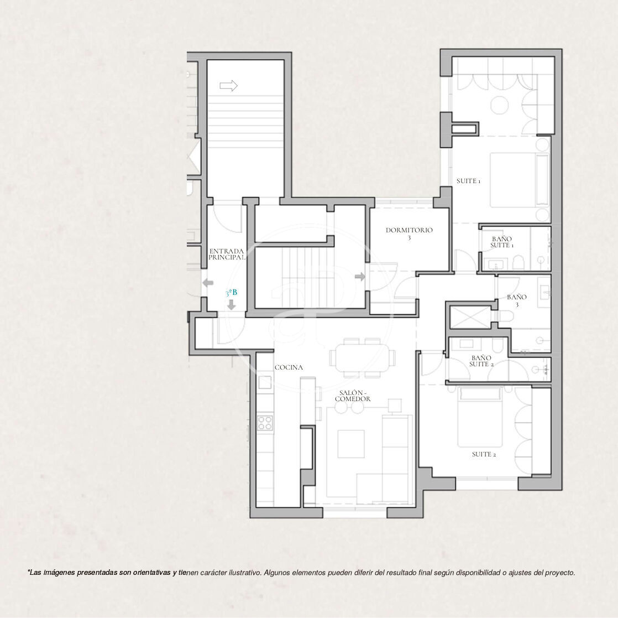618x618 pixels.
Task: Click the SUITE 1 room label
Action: click(x=468, y=181)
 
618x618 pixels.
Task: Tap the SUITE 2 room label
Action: click(x=484, y=454)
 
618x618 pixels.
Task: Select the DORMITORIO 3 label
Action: click(x=409, y=233)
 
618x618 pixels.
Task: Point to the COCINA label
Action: click(x=289, y=367)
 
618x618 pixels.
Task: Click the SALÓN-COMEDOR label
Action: click(x=353, y=396)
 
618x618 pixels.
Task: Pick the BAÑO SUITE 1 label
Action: click(x=502, y=242)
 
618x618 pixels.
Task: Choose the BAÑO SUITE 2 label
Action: click(x=481, y=361)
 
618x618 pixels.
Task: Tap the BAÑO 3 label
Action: click(x=517, y=300)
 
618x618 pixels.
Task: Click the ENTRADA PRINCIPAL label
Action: click(x=227, y=254)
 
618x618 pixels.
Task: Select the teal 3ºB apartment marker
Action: click(x=232, y=293)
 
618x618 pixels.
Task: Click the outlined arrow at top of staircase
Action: click(x=229, y=86)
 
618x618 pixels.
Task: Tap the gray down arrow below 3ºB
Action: click(x=232, y=305)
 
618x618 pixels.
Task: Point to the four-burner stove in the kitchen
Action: click(x=265, y=423)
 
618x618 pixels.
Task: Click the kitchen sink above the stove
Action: click(x=265, y=382)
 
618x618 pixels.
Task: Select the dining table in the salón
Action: click(x=363, y=358)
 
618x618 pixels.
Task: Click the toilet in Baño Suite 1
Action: click(x=519, y=262)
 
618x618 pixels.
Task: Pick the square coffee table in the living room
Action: click(x=351, y=444)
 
